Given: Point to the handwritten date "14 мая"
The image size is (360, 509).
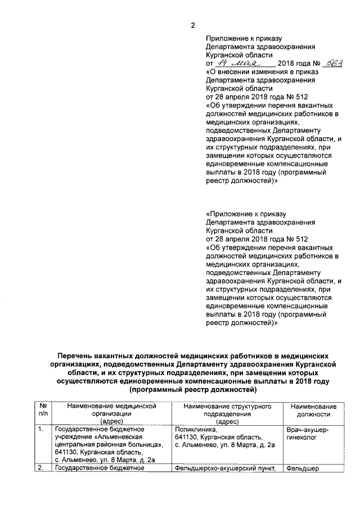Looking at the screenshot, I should click(x=238, y=65).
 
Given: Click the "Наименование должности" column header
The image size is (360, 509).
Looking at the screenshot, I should click(x=313, y=410).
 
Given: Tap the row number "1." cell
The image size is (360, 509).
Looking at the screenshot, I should click(x=40, y=430).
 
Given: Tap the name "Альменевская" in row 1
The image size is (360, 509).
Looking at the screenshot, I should click(x=119, y=438).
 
